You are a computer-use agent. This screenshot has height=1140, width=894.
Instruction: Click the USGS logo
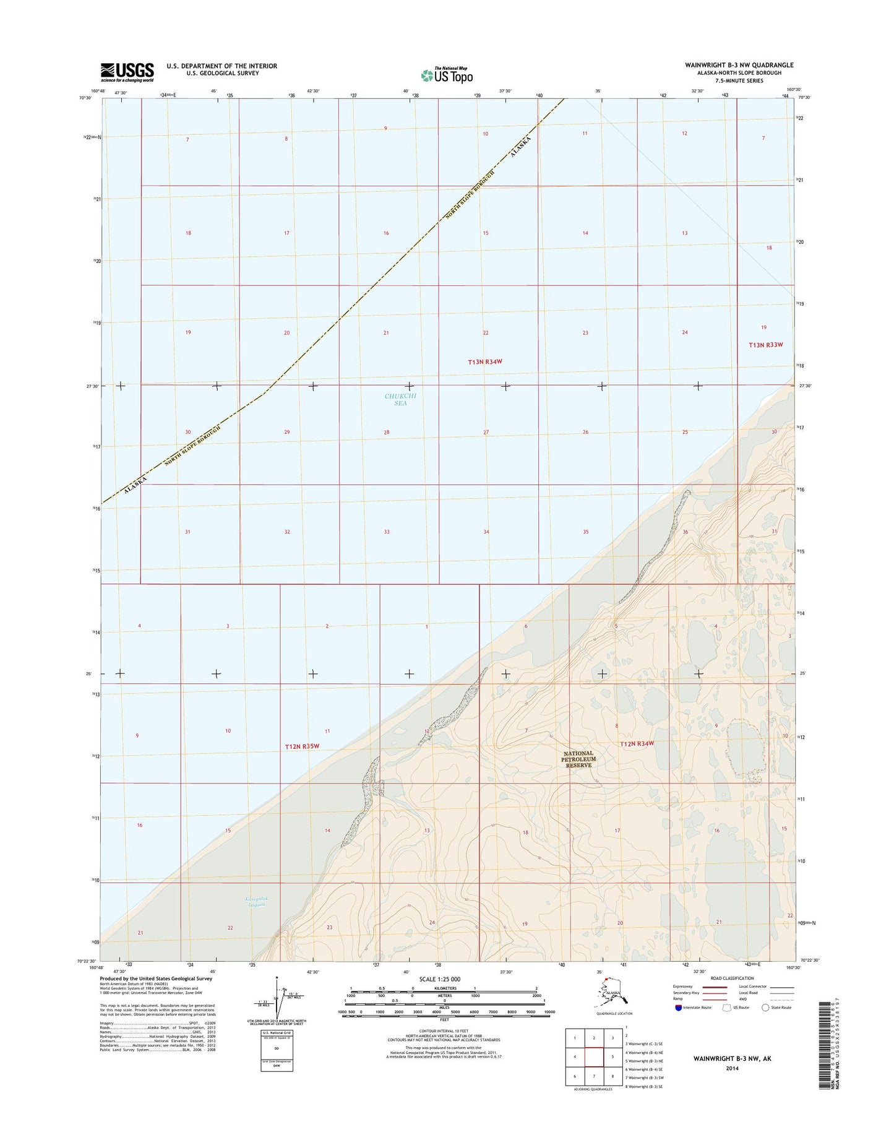(127, 72)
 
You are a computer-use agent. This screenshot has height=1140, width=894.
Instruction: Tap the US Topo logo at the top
(447, 75)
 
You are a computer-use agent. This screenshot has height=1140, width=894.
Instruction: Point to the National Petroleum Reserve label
(578, 759)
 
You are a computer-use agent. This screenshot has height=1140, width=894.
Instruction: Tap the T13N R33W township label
(766, 345)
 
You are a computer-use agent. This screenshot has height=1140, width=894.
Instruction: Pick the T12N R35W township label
(302, 746)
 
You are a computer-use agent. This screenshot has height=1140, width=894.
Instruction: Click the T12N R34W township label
(637, 743)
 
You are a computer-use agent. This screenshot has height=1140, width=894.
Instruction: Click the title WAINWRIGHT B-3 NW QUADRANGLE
(739, 65)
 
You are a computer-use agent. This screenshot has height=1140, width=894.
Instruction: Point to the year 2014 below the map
(732, 1068)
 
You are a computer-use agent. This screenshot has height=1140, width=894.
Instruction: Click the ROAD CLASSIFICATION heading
(733, 978)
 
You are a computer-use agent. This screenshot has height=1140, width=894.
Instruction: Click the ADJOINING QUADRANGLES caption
(593, 1089)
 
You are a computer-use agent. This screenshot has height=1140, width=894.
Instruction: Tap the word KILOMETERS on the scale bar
(444, 988)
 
